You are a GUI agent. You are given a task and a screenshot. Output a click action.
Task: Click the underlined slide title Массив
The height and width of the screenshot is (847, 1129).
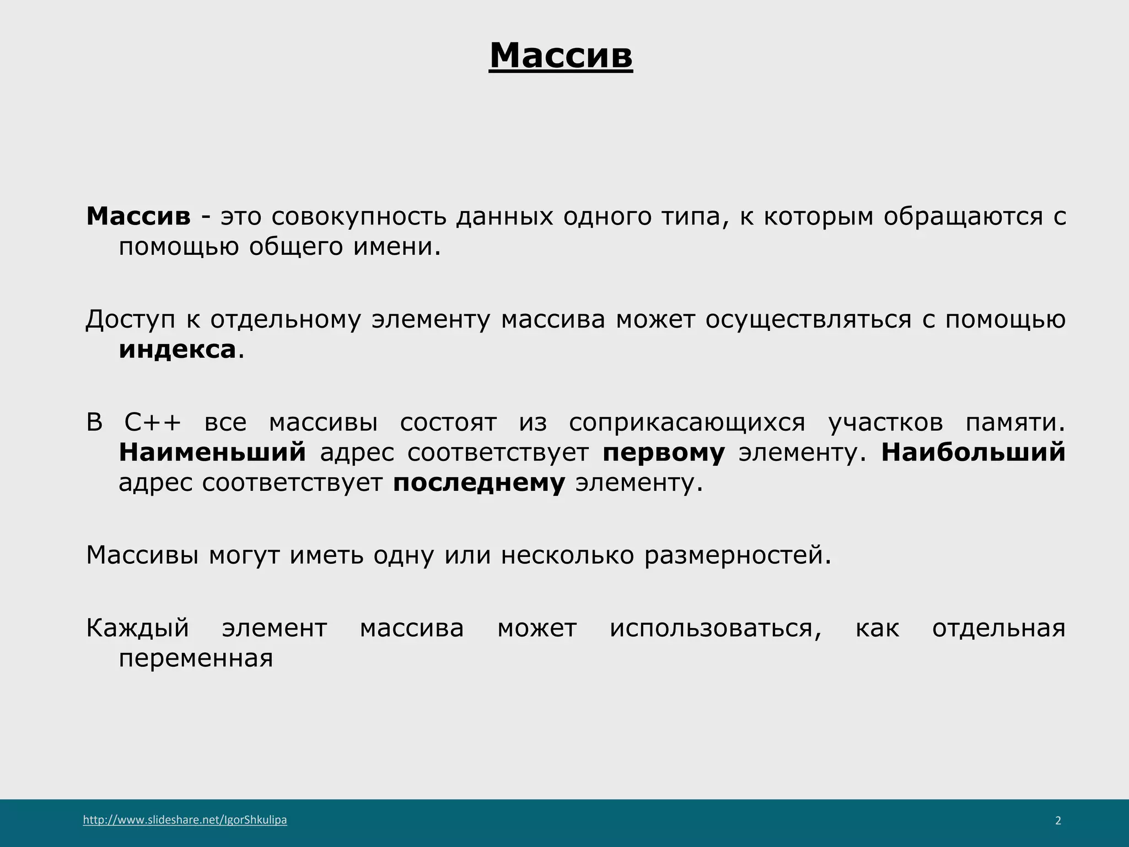(x=561, y=56)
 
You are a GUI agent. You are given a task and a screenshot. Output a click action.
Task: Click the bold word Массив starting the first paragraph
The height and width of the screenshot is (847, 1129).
(x=138, y=216)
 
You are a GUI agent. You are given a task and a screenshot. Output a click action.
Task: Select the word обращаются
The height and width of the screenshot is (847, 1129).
(x=963, y=217)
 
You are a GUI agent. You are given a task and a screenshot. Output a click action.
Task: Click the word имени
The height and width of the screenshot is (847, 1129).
(x=397, y=246)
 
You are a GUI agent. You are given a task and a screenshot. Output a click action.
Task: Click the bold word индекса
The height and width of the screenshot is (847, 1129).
(x=178, y=350)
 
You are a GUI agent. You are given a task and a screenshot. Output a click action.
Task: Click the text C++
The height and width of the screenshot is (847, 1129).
(x=153, y=423)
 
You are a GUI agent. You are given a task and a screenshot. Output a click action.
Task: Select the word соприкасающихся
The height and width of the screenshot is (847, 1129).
(x=687, y=423)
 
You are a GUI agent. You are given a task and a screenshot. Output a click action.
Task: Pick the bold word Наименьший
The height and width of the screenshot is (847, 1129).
(x=212, y=453)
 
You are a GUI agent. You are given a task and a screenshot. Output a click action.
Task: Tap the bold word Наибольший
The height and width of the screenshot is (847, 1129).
(x=973, y=453)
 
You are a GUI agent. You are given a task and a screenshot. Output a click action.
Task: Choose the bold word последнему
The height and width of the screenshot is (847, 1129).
(x=479, y=483)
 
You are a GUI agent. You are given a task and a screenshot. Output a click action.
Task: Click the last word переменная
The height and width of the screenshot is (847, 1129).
(x=196, y=658)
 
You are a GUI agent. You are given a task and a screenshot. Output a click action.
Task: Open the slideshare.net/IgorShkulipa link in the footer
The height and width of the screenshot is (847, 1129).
(x=185, y=820)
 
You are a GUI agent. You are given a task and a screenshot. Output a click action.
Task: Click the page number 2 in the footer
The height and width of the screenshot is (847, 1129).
(x=1058, y=821)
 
